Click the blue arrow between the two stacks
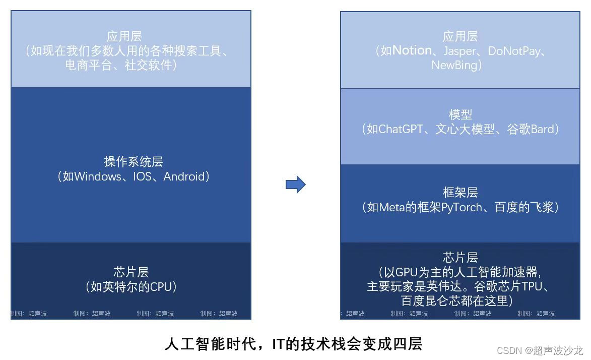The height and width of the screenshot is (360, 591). pyautogui.click(x=296, y=185)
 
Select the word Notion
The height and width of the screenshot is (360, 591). pyautogui.click(x=412, y=50)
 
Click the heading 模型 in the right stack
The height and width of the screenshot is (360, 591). pyautogui.click(x=460, y=114)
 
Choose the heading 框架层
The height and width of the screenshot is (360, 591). pyautogui.click(x=460, y=193)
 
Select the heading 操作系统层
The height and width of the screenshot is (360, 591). pyautogui.click(x=134, y=162)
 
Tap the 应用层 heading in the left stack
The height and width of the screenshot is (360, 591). pyautogui.click(x=124, y=36)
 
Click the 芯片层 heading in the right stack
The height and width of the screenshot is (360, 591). pyautogui.click(x=460, y=258)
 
